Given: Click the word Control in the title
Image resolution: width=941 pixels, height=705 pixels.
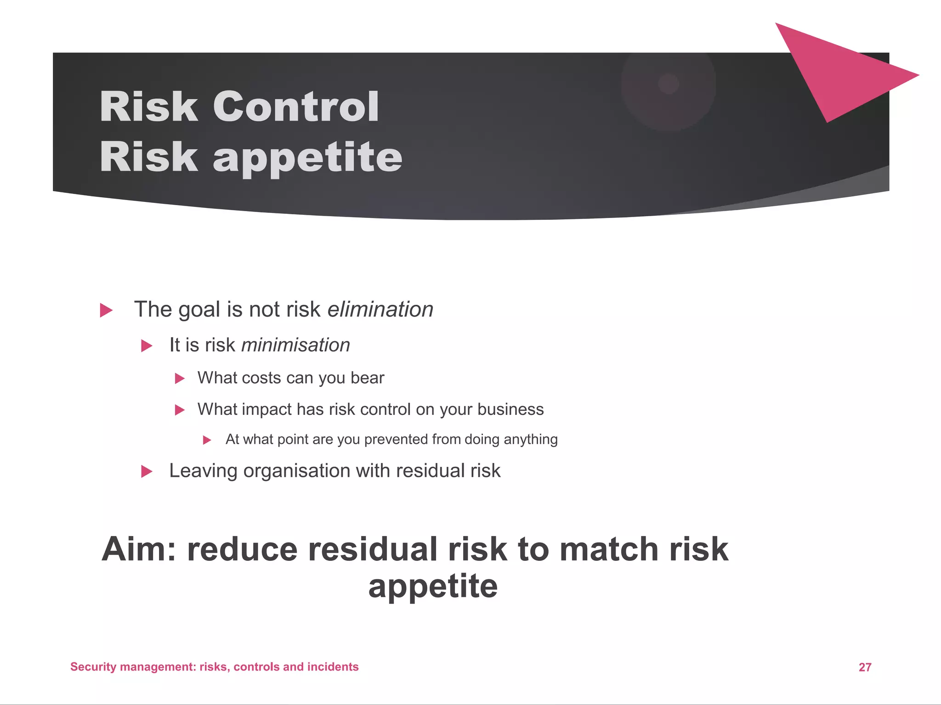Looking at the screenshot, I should [296, 106].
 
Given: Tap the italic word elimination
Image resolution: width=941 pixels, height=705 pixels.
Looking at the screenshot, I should [380, 309].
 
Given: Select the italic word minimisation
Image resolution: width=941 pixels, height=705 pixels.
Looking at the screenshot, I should [295, 345].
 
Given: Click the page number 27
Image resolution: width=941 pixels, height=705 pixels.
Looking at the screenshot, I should [865, 667].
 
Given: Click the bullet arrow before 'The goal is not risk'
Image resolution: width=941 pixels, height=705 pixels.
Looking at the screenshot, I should [106, 311].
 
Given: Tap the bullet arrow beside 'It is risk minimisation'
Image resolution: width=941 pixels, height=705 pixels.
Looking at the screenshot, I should [147, 346].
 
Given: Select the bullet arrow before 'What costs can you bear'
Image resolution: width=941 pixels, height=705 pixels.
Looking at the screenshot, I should [180, 379].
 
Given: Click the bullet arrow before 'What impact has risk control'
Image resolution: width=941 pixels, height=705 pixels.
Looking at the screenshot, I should [180, 410].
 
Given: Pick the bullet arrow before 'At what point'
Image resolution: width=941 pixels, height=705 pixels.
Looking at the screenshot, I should [207, 440].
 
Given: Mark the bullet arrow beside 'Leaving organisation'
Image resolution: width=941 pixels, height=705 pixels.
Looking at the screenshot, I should [147, 471].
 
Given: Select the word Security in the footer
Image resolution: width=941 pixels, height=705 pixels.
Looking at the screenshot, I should [93, 667].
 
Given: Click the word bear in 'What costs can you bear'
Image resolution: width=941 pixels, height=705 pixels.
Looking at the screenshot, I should [367, 378].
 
